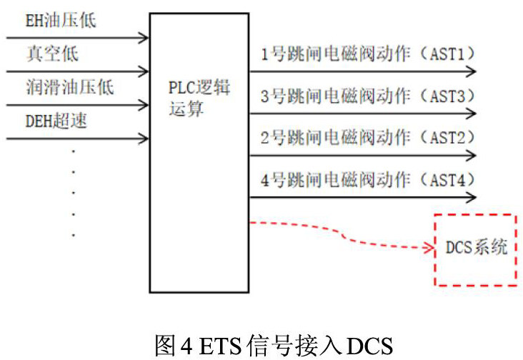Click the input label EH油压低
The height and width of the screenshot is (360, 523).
click(x=61, y=21)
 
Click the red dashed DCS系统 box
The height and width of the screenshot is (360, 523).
click(x=475, y=249)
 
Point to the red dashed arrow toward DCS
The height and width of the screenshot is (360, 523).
click(x=343, y=236)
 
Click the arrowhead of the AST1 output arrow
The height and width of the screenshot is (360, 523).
click(x=471, y=71)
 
